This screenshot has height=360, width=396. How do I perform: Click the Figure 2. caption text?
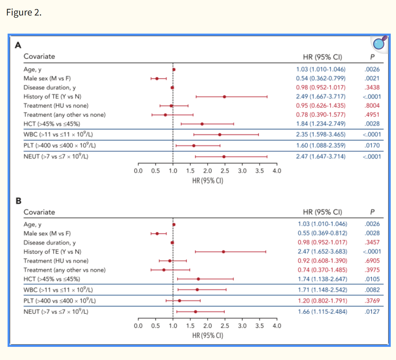click(x=24, y=12)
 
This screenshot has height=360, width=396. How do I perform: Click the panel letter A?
click(x=18, y=45)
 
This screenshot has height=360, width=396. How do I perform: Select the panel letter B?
click(x=18, y=201)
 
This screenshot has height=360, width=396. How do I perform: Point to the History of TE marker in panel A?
click(x=224, y=97)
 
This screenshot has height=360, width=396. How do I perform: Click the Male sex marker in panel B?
click(x=157, y=233)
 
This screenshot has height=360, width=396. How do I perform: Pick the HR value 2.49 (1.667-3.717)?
click(x=320, y=96)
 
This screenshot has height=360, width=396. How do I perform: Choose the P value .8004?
click(x=372, y=105)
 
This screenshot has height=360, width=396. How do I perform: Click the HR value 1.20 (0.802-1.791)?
click(x=322, y=301)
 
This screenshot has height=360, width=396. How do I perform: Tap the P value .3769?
click(x=372, y=301)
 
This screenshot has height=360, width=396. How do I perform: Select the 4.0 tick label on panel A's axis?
click(x=277, y=171)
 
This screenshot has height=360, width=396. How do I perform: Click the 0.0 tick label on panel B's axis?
click(x=138, y=326)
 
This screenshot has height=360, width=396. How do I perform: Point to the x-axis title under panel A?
click(x=208, y=181)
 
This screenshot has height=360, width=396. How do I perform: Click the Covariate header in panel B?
click(x=39, y=212)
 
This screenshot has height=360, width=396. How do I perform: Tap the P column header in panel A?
click(x=372, y=57)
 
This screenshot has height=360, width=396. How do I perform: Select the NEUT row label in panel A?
click(x=56, y=157)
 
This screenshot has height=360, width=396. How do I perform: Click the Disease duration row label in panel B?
click(x=49, y=243)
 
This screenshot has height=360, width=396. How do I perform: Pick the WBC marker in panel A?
click(x=220, y=135)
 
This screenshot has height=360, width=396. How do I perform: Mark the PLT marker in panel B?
click(x=179, y=301)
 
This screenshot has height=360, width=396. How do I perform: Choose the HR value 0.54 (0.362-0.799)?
click(x=320, y=78)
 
